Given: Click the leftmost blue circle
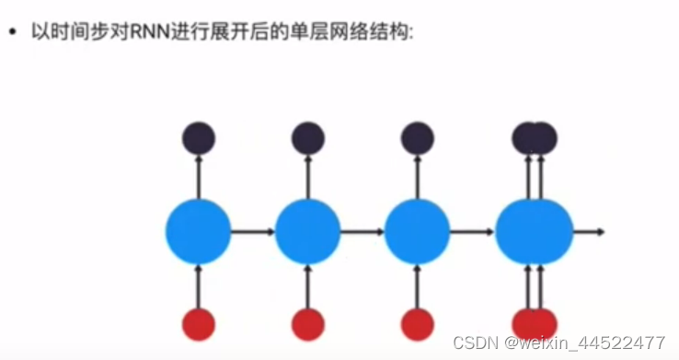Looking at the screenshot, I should click(198, 231).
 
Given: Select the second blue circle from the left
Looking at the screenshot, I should click(307, 231).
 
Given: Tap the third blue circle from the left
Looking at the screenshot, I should click(417, 231).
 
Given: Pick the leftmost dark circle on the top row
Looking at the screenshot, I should click(198, 139).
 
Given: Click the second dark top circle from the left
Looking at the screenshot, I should click(307, 139).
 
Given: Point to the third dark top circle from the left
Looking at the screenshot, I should click(417, 139).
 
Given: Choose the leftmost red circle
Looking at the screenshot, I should click(198, 324).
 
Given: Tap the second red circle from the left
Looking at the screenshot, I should click(307, 324).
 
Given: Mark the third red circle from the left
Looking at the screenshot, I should click(417, 324).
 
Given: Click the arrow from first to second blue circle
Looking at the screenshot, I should click(252, 231).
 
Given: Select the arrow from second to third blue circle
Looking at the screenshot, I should click(362, 231).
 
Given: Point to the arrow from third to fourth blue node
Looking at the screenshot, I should click(472, 231).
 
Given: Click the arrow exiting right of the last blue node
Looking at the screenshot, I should click(588, 231).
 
